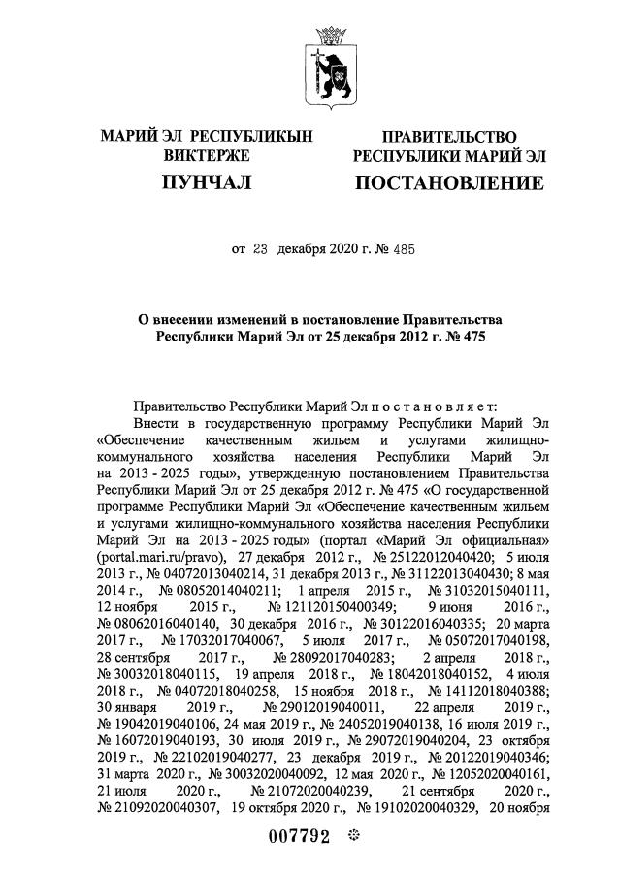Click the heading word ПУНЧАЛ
click(206, 181)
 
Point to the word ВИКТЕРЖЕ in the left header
click(207, 155)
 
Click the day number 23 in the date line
click(259, 250)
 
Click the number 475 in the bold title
click(470, 337)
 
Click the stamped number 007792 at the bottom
click(304, 836)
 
